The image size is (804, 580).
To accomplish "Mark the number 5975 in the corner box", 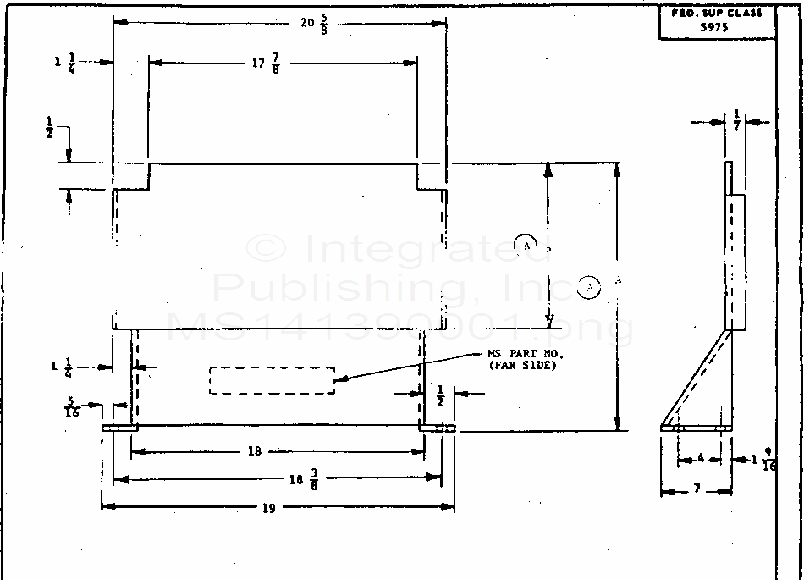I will point(717,25).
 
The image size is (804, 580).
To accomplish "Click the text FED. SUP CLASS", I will point(717,14).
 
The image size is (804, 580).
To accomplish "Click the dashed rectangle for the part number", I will point(272,380).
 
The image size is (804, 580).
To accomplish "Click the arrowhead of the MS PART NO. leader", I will point(339,381).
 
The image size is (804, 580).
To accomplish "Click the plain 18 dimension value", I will point(254,451).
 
